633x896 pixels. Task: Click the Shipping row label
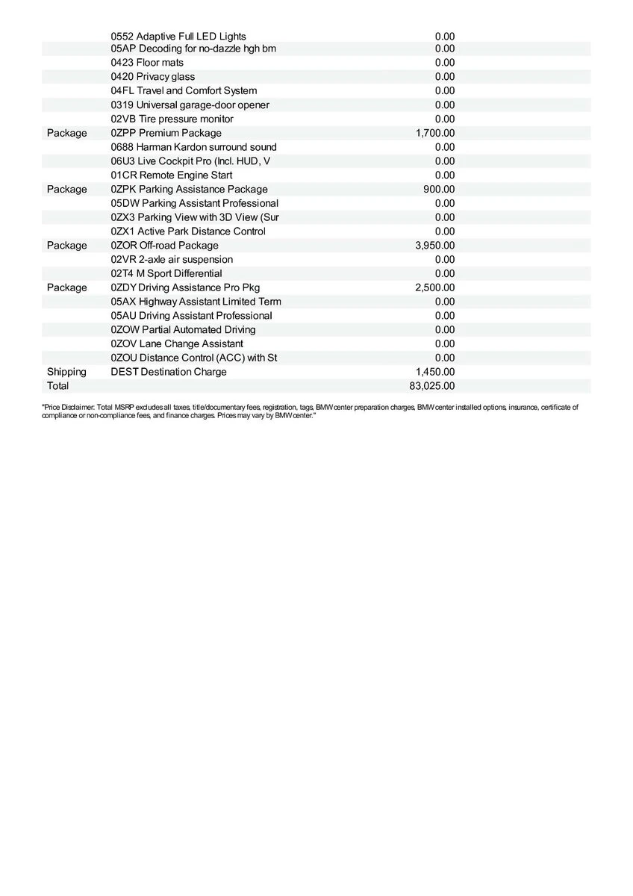66,372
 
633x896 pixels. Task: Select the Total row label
57,386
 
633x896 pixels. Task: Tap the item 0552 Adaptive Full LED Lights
178,36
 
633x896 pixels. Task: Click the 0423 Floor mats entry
147,63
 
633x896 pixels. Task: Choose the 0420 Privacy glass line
153,77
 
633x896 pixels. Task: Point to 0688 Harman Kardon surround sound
193,147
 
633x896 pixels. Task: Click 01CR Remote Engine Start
172,175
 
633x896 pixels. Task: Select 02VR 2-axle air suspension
172,260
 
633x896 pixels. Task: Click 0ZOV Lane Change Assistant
177,343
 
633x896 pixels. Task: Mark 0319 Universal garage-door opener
190,105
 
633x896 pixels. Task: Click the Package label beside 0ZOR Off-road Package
66,246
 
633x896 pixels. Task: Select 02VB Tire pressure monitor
172,119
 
